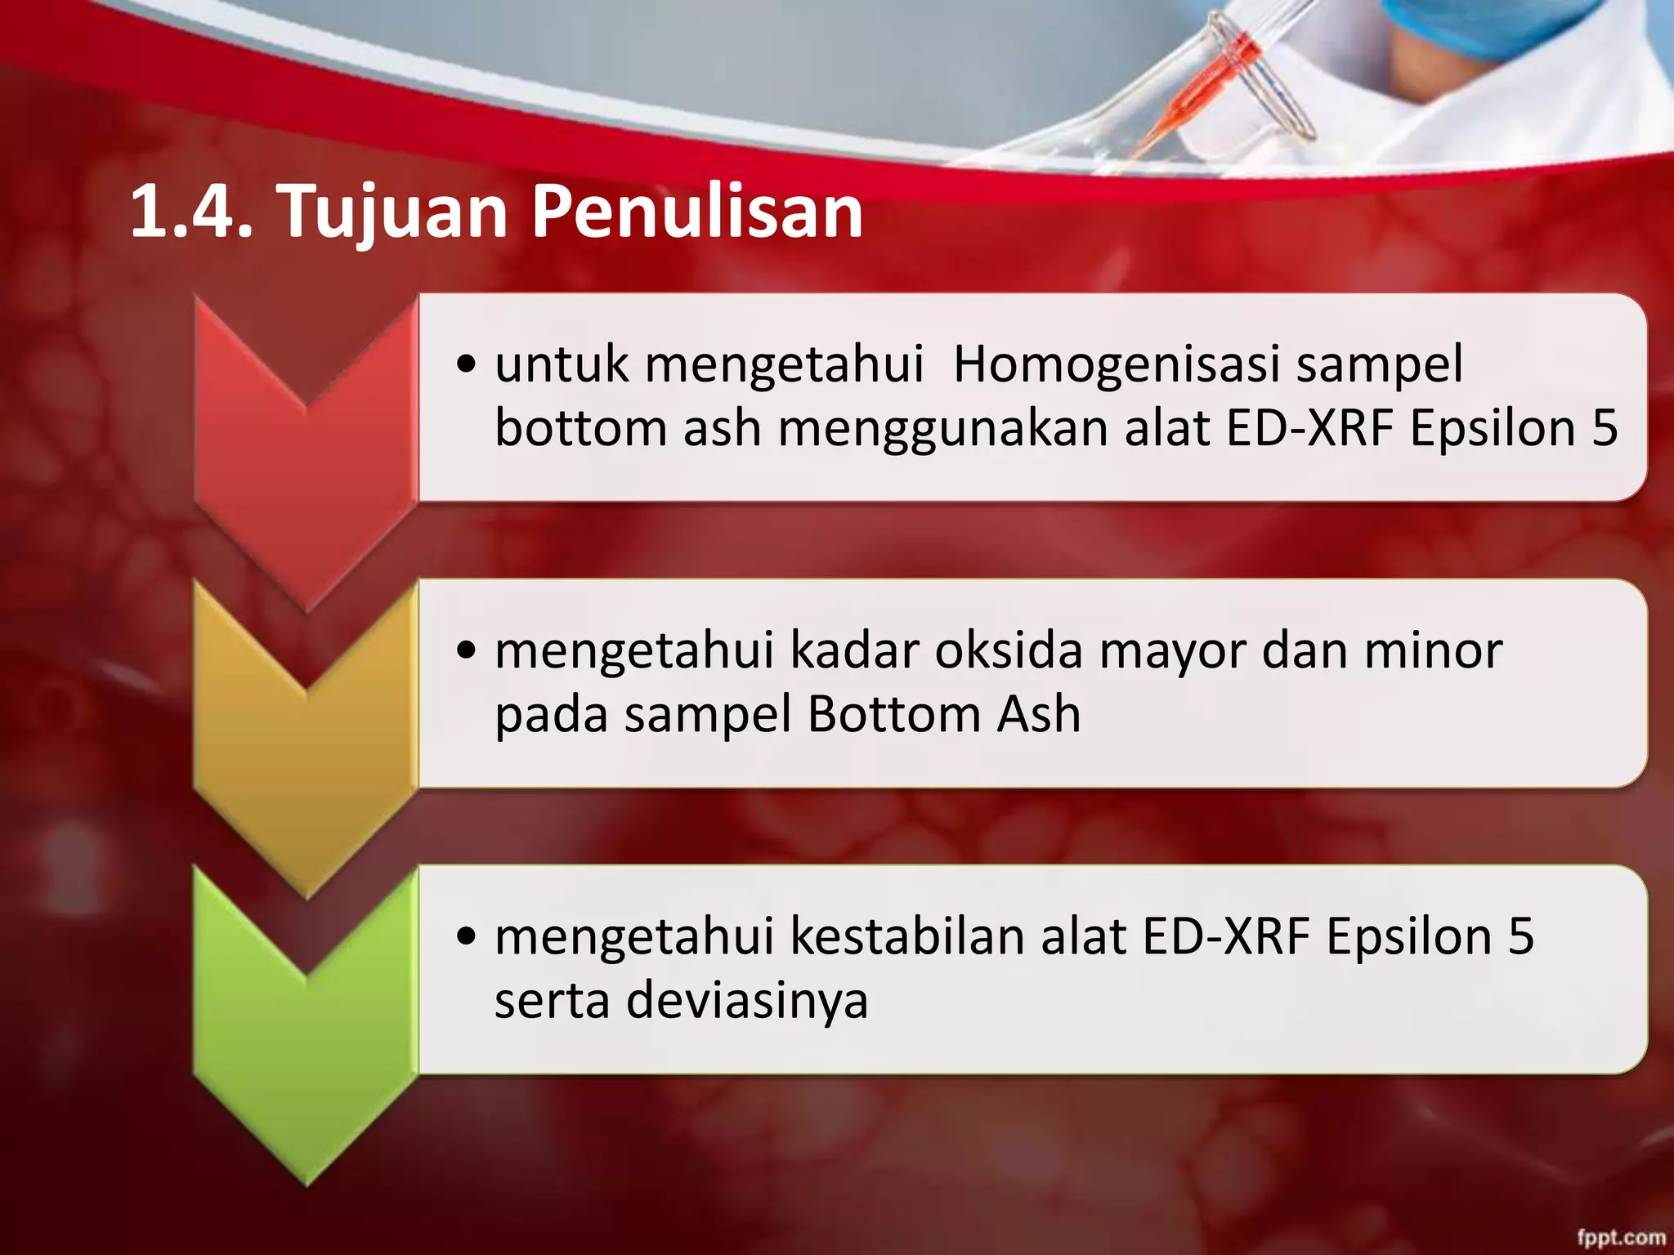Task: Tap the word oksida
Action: point(1009,651)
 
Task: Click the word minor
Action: point(1434,651)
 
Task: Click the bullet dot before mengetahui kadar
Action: point(467,652)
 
